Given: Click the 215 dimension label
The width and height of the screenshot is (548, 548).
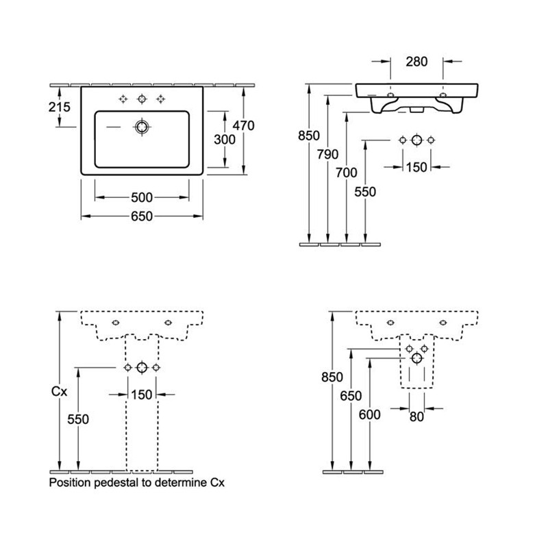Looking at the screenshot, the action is click(x=60, y=107).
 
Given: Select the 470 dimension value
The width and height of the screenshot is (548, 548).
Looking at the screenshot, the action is click(x=244, y=125).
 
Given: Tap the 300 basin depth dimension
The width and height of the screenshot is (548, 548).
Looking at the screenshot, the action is click(x=225, y=140).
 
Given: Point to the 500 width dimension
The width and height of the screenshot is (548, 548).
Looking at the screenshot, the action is click(x=142, y=198).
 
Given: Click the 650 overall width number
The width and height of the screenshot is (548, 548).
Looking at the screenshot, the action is click(x=142, y=216).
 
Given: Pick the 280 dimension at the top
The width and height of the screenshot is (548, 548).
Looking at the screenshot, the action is click(x=416, y=62).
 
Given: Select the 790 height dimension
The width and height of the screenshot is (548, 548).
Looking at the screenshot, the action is click(x=327, y=154).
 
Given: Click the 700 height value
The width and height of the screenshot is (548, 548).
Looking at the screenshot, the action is click(x=347, y=173).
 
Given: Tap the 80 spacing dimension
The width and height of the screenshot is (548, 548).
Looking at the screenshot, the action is click(x=416, y=416).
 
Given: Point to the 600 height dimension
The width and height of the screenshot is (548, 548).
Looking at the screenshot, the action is click(x=369, y=414).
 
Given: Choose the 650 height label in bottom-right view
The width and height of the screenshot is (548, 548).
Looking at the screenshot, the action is click(x=351, y=396).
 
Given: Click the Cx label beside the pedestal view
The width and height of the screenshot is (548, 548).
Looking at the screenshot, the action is click(x=59, y=391).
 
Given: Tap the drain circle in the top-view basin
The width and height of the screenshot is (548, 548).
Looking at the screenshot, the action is click(x=142, y=127).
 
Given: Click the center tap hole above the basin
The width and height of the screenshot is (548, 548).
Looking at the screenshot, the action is click(x=142, y=99).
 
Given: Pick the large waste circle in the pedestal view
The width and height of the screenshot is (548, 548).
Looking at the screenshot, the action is click(x=142, y=368).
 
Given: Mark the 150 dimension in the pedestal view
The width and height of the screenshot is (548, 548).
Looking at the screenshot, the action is click(x=142, y=395).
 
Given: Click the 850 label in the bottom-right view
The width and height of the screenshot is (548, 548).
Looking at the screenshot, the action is click(x=332, y=377).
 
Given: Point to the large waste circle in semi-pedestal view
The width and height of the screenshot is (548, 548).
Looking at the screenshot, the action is click(x=417, y=358).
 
